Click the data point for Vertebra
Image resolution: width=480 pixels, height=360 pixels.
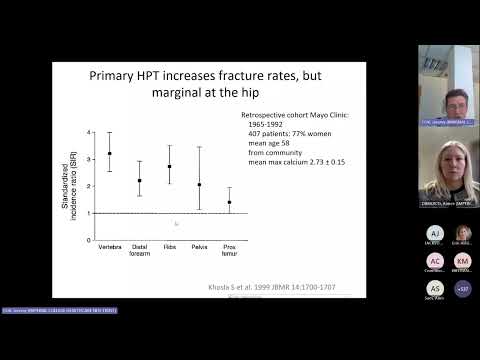(x=109, y=154)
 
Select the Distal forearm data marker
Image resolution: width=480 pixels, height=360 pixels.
(x=140, y=181)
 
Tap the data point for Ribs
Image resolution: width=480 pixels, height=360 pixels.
(x=169, y=167)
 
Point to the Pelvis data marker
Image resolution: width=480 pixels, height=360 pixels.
(x=199, y=185)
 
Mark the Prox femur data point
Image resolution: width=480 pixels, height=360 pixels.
(x=229, y=202)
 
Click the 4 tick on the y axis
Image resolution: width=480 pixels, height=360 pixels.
(x=89, y=132)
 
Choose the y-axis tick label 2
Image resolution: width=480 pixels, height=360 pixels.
(x=89, y=186)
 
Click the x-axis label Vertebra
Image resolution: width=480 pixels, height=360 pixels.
(x=109, y=245)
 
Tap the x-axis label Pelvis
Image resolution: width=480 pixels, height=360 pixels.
(x=199, y=245)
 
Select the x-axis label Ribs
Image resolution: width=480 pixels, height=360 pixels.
(x=169, y=245)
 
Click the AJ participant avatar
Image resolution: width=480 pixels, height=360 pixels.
(x=434, y=233)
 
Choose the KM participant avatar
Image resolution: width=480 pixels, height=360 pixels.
(x=462, y=261)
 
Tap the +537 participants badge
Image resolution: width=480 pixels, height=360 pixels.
(x=462, y=288)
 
